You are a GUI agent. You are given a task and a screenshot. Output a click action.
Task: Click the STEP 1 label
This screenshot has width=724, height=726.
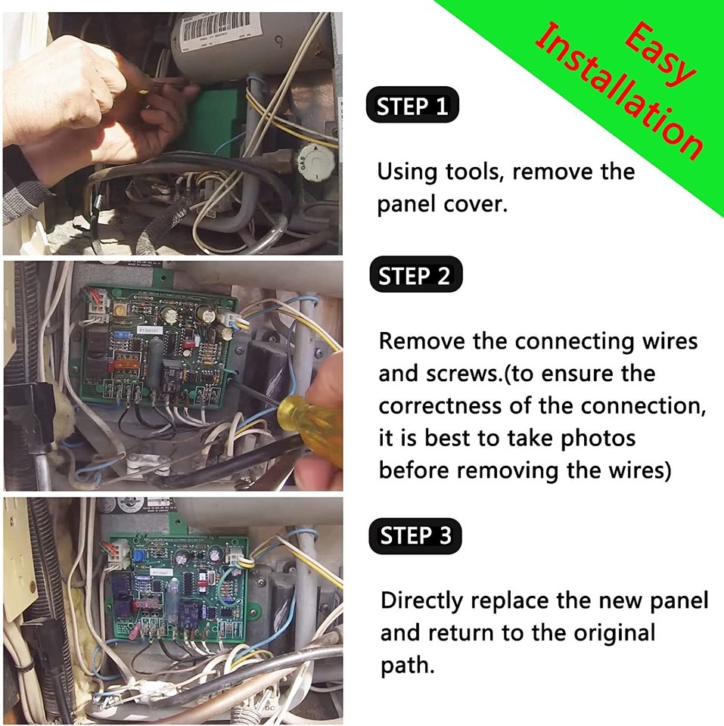[412, 107]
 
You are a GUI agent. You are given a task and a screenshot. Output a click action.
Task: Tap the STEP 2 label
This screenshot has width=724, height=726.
[414, 277]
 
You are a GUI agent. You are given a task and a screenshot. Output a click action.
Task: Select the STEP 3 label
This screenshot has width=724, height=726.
[415, 536]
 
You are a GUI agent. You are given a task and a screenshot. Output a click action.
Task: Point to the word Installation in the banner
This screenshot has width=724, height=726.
[617, 91]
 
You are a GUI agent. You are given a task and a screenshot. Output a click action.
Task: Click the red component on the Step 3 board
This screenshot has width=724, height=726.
[148, 603]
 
